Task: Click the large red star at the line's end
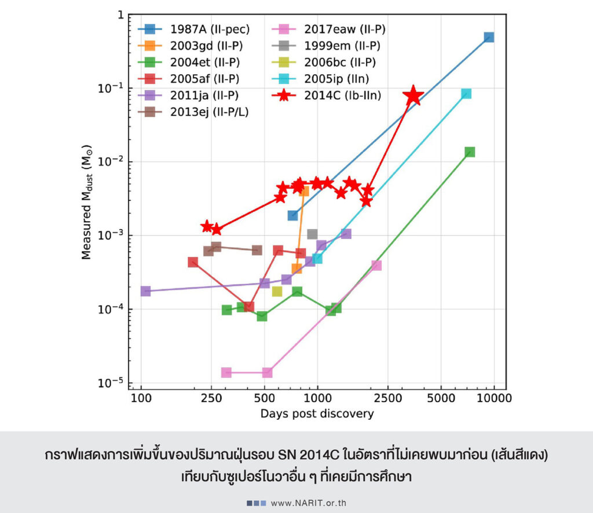[x=413, y=96]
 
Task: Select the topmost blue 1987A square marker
[x=489, y=37]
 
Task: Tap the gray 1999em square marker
[x=312, y=234]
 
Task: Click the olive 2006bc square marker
[x=277, y=291]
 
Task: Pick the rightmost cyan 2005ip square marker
[x=466, y=94]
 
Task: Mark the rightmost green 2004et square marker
[x=470, y=152]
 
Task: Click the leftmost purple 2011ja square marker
[x=145, y=291]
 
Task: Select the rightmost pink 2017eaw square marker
[x=376, y=266]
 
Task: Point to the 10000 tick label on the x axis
[x=494, y=400]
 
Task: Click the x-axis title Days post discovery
[x=317, y=414]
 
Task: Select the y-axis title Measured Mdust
[x=86, y=208]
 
